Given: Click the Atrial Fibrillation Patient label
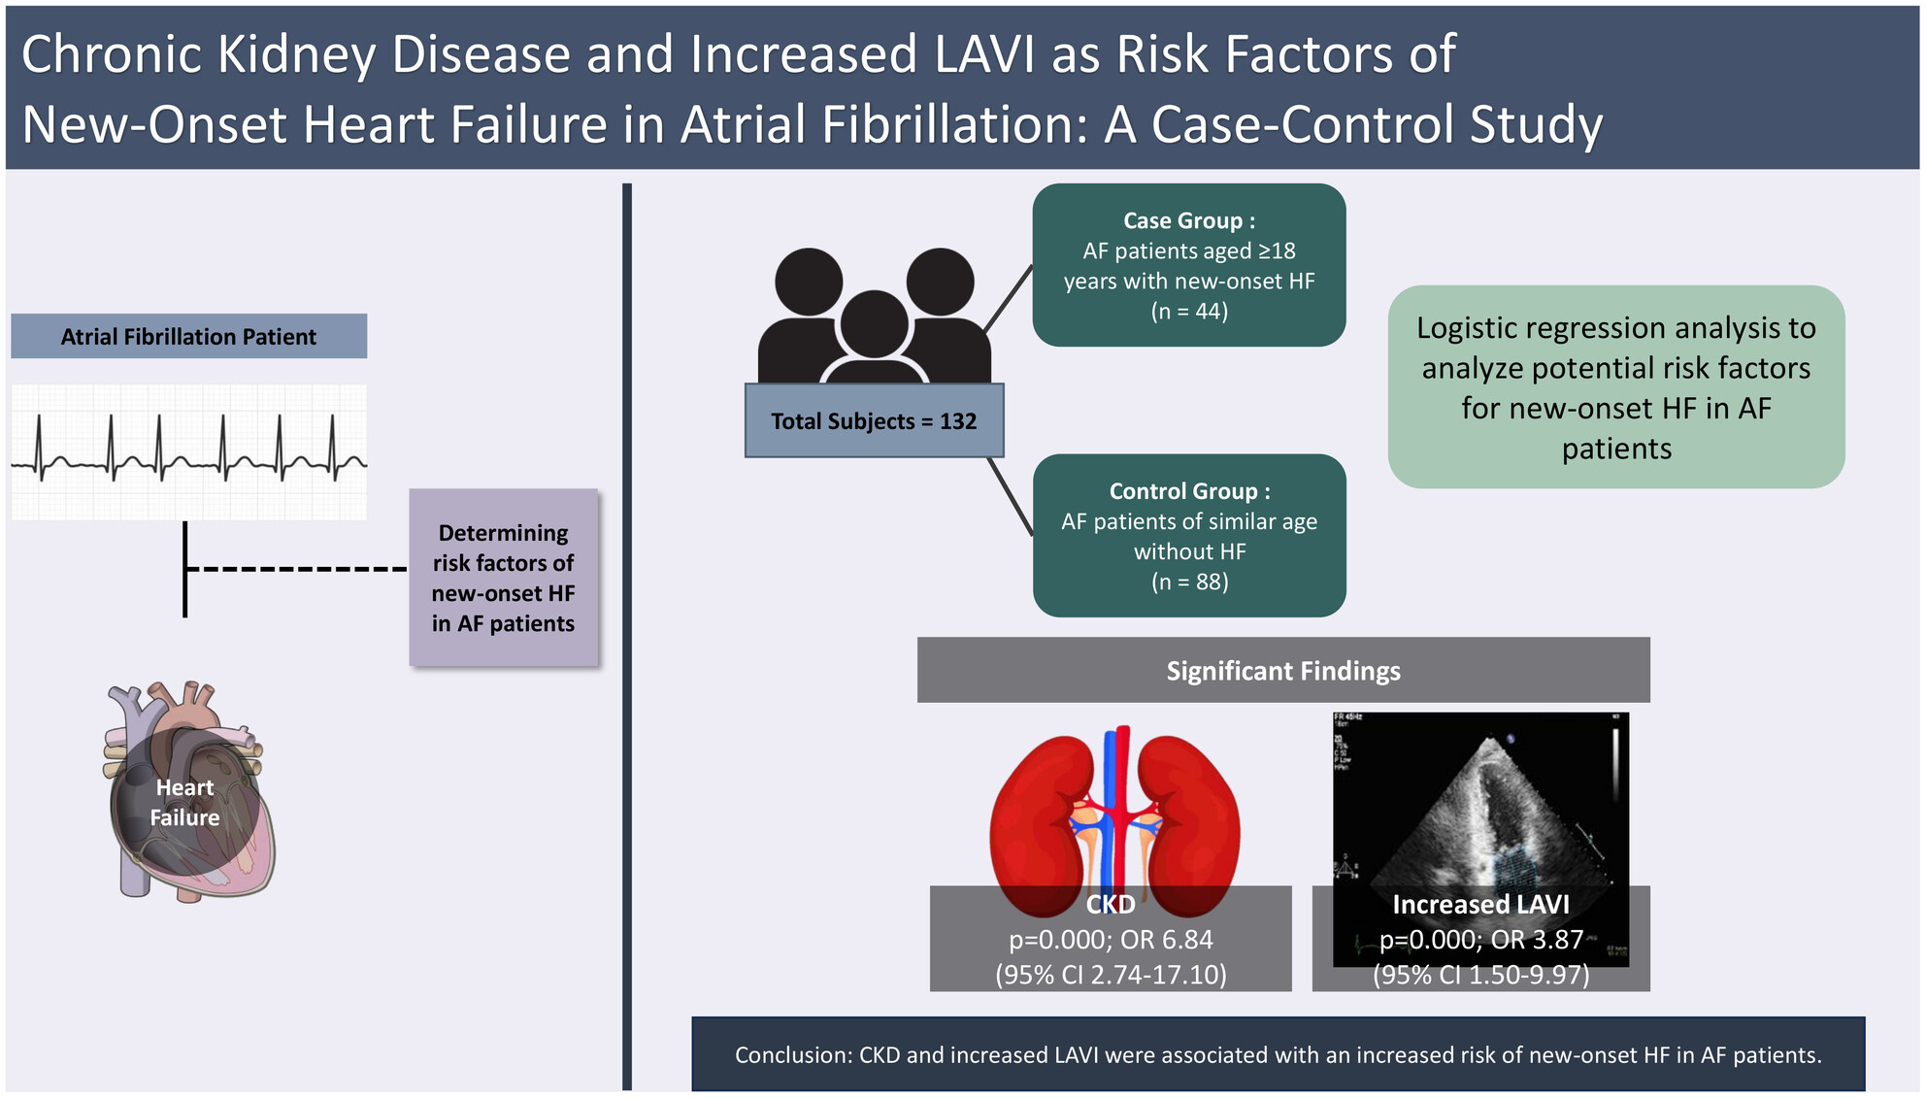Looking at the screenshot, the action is pos(188,336).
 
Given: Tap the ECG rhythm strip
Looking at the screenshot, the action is pos(189,451).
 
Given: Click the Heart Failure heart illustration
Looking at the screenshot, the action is pos(188,791).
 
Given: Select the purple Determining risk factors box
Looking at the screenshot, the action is pos(503,578).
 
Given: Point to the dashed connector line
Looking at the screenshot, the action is pos(296,569).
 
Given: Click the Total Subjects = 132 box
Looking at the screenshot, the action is pos(874,420).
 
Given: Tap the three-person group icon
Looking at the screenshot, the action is pos(874,316).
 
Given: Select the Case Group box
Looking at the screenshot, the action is pos(1189,265).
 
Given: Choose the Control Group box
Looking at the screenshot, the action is pos(1189,535).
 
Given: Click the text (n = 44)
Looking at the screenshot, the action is pos(1189,311).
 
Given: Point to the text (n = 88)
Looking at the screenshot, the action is pos(1189,582).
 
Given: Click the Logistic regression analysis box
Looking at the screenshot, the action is pos(1616,386).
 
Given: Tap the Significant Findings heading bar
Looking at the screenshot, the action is pos(1283,670).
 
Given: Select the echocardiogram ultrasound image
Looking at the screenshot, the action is pos(1480,839).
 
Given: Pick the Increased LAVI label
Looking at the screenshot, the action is pos(1480,904).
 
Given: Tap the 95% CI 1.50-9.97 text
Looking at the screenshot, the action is pos(1481,974).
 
